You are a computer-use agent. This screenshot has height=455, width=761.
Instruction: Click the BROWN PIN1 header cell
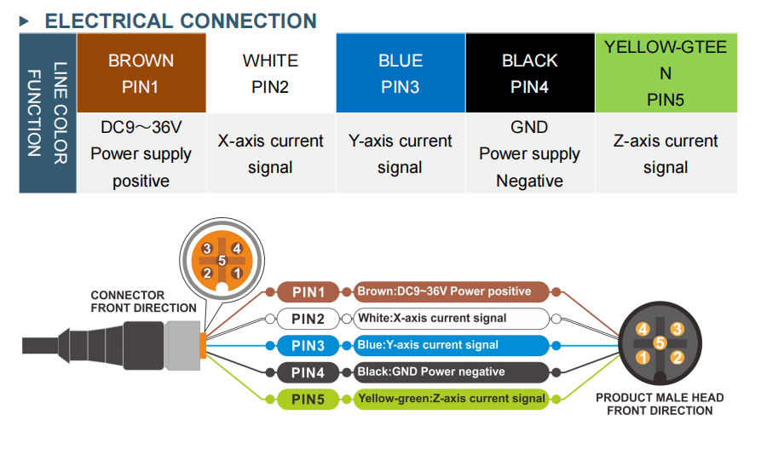tap(141, 73)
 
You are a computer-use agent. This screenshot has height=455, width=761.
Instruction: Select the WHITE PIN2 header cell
tap(270, 73)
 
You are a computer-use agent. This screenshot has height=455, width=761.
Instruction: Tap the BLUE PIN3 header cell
tap(401, 73)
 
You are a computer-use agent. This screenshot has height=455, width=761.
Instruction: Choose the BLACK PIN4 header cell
tap(529, 73)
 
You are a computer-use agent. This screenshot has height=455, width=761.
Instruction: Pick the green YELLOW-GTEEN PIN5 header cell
tap(666, 73)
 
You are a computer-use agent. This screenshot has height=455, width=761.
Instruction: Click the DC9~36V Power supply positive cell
tap(141, 153)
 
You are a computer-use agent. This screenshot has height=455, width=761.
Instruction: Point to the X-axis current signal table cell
tap(270, 153)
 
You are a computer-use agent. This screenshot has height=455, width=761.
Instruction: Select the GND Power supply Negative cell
tap(529, 153)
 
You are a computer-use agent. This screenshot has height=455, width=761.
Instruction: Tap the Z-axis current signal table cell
tap(666, 153)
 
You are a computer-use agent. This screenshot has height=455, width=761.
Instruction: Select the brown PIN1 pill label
tap(308, 292)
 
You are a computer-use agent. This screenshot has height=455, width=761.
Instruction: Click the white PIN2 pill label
tap(308, 320)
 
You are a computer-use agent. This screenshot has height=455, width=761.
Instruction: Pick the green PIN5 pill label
tap(308, 398)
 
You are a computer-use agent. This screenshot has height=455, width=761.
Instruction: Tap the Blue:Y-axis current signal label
tap(452, 345)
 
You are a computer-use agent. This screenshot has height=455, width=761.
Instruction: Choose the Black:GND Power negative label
tap(452, 371)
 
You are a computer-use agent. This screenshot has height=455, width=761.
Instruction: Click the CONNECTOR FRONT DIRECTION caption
tap(143, 302)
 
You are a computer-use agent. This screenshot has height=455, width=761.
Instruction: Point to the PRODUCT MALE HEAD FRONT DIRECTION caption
tap(660, 404)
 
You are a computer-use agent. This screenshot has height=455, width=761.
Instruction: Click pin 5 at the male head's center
tap(660, 343)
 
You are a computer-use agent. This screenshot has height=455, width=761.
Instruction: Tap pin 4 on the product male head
tap(643, 329)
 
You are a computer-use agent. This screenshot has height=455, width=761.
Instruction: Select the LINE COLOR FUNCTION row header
tap(48, 113)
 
